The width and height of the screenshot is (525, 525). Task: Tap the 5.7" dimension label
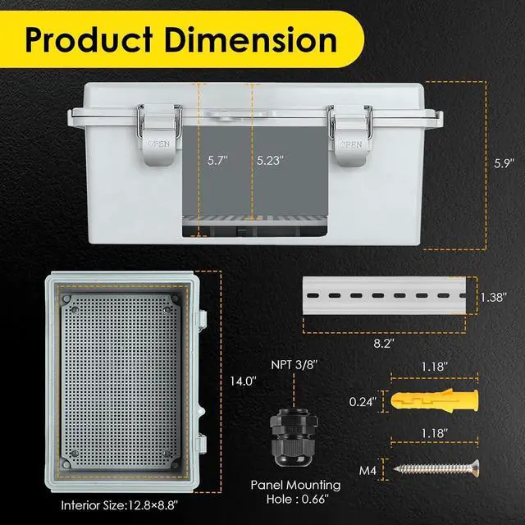[215, 162]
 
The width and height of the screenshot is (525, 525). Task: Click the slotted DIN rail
[386, 296]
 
